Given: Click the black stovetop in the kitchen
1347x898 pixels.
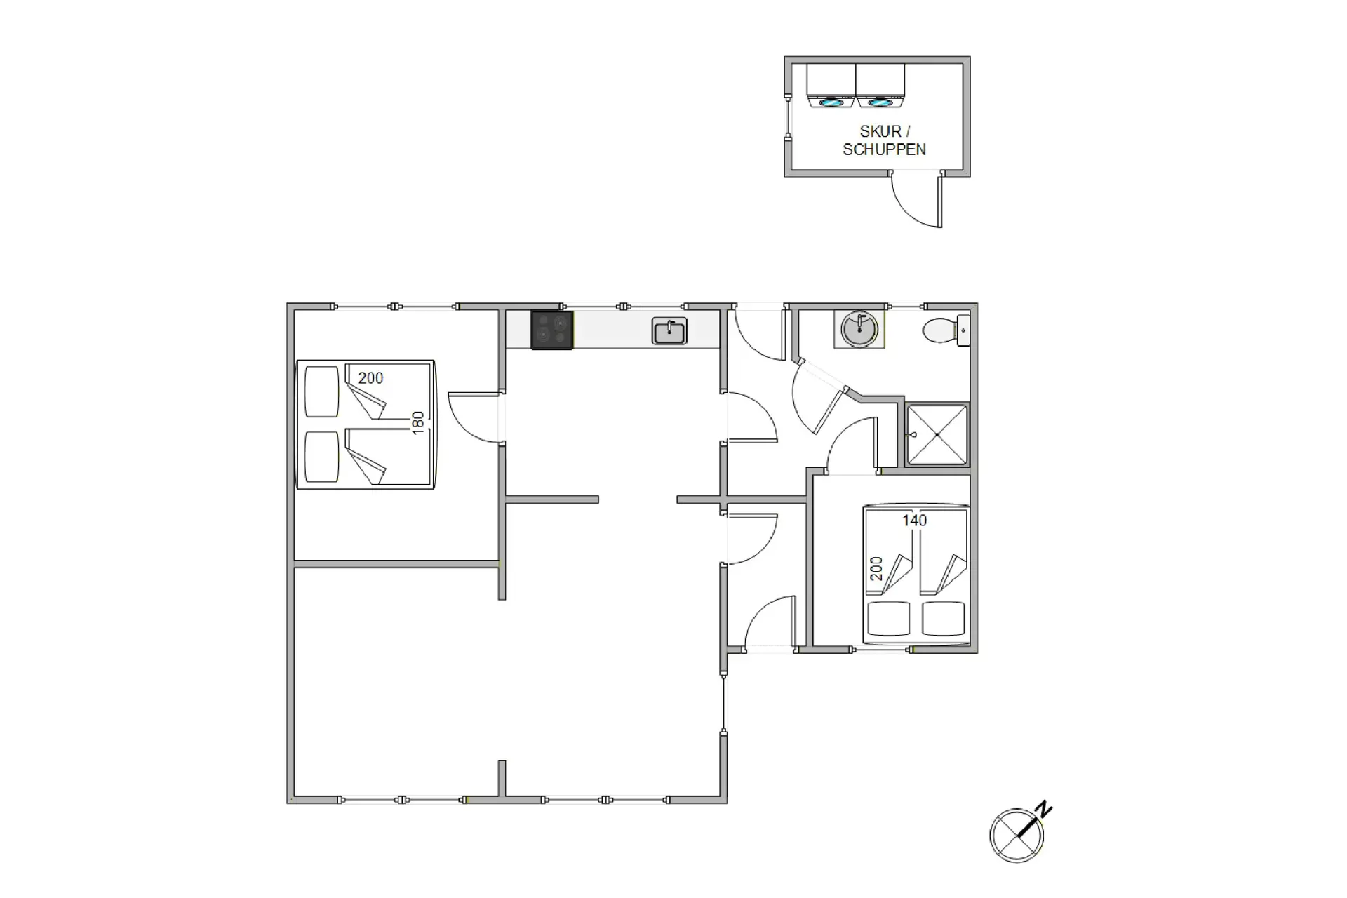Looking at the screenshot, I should (x=551, y=330).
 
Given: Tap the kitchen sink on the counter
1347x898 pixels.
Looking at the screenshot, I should (x=669, y=330).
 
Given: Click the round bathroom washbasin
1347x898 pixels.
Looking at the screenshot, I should (x=859, y=328).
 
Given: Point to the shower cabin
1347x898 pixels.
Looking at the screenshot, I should (x=937, y=434).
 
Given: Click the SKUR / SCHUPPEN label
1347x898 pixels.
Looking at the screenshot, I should (x=884, y=140).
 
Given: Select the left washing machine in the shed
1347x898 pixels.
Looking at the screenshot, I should (x=831, y=86).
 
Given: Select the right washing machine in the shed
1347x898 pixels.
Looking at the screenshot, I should (x=880, y=86).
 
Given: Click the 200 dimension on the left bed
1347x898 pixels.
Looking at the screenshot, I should (x=370, y=378).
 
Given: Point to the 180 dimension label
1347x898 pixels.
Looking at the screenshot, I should (x=418, y=423).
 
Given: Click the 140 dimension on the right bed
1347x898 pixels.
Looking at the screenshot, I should (x=914, y=521).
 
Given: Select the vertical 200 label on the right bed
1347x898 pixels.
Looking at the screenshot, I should (x=877, y=568).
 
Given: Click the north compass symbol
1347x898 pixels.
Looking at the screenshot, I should (x=1017, y=836).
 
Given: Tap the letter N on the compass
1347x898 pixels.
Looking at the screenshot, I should (x=1045, y=809).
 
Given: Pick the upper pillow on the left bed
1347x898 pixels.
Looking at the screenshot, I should (x=322, y=391).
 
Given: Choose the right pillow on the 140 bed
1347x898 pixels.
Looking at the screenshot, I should (x=944, y=618).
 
